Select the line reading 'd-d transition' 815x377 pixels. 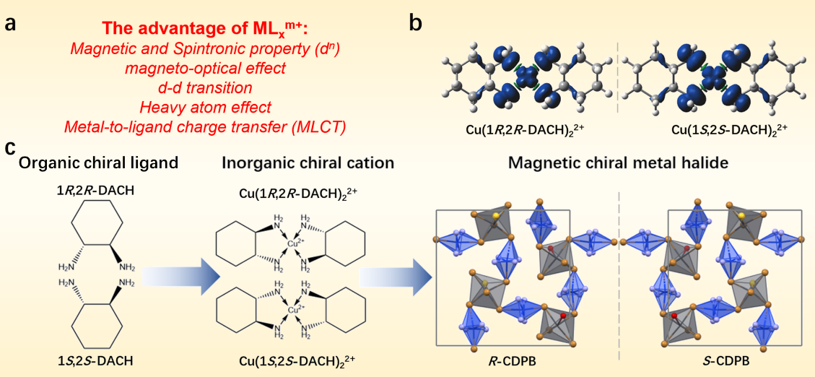pos(206,88)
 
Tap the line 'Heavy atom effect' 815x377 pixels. pos(206,108)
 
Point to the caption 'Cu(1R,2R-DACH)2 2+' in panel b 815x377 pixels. pos(518,131)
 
